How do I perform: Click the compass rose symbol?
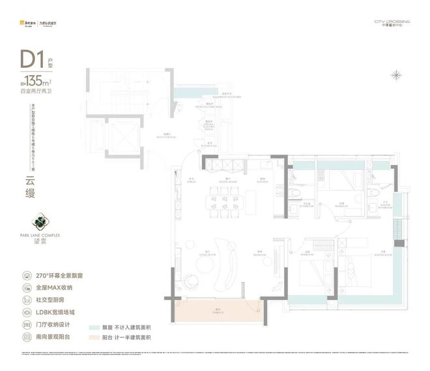coord(395,75)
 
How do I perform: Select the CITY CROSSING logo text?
coord(391,21)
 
